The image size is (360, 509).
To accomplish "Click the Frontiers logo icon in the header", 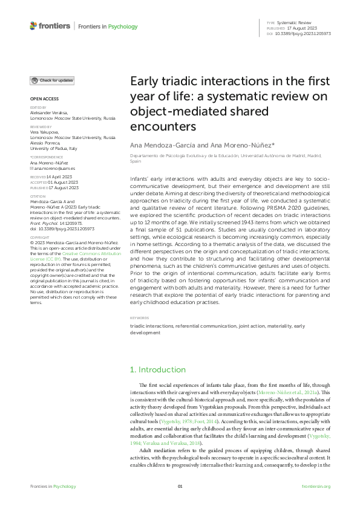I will [x=33, y=26].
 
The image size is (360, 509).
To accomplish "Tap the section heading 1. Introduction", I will [x=158, y=369].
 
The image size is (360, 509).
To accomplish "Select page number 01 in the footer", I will [x=180, y=487].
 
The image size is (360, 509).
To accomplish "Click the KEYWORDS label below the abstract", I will [x=139, y=317].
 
